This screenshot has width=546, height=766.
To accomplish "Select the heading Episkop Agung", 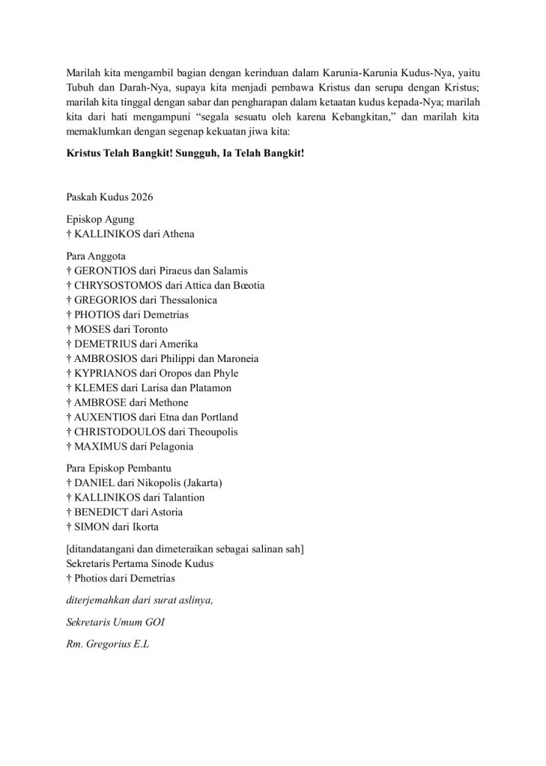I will coord(100,220).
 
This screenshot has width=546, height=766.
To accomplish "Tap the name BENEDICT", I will coord(100,512).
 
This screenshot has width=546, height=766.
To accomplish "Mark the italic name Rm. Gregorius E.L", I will coord(108,641).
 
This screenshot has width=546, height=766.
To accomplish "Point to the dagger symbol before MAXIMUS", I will coord(68,447).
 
